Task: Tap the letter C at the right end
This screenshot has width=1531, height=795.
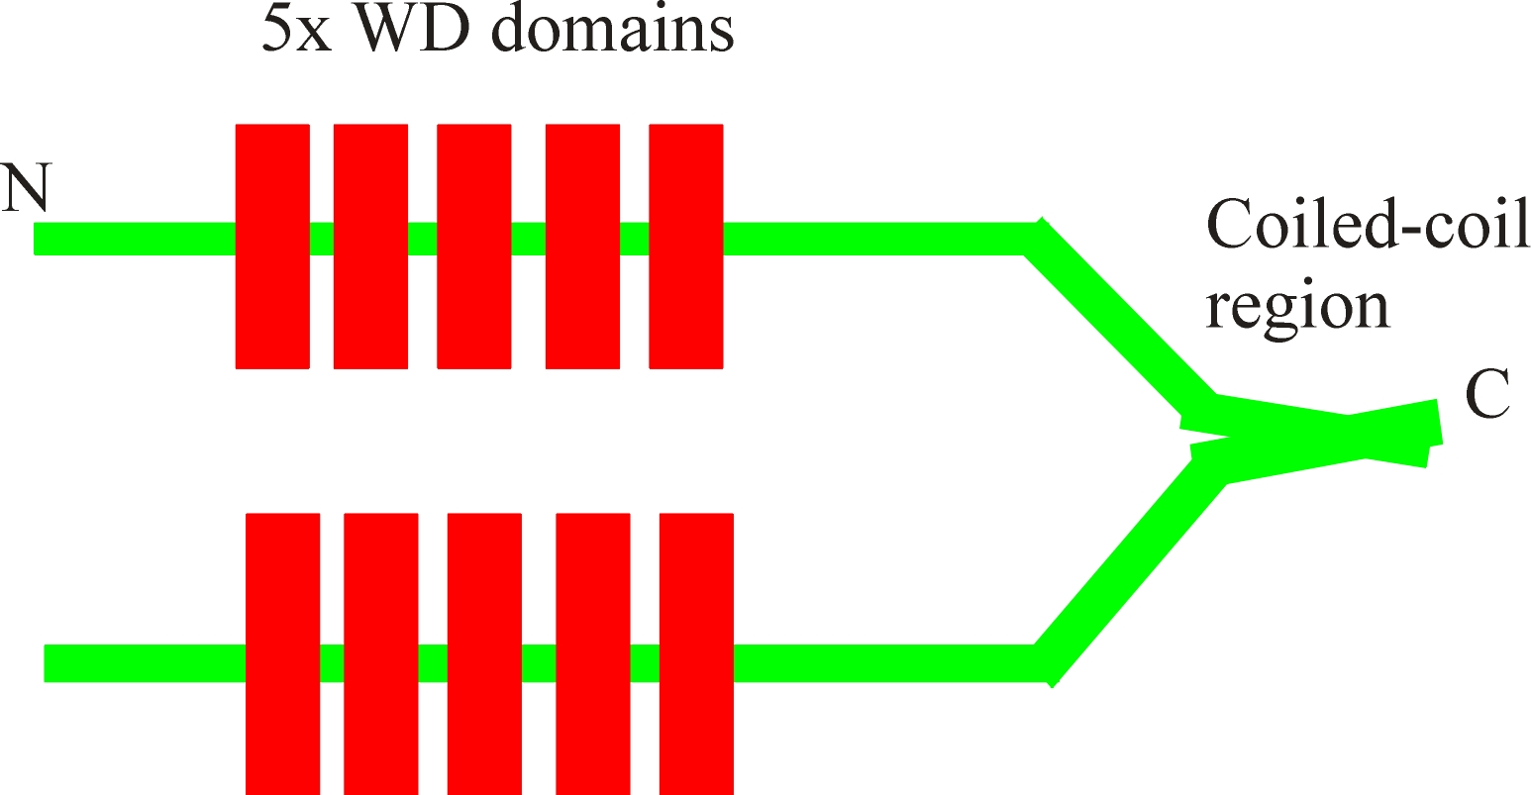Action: pyautogui.click(x=1486, y=397)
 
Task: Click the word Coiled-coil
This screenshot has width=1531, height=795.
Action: pyautogui.click(x=1368, y=228)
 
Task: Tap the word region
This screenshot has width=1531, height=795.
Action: pyautogui.click(x=1297, y=307)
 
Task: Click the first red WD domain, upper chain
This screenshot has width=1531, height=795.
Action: pyautogui.click(x=272, y=247)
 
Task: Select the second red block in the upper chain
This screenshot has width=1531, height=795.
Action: pyautogui.click(x=370, y=247)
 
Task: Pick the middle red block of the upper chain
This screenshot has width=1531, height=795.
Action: pyautogui.click(x=474, y=247)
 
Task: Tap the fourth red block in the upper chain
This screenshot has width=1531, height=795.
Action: pyautogui.click(x=583, y=247)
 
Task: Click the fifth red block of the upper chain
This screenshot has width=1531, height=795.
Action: pyautogui.click(x=685, y=247)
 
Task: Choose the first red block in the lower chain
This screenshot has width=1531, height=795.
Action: pyautogui.click(x=282, y=653)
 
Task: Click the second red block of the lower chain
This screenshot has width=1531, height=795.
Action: pyautogui.click(x=380, y=653)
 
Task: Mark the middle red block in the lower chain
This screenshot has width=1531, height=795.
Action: pyautogui.click(x=484, y=653)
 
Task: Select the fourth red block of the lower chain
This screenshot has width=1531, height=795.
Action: pyautogui.click(x=593, y=653)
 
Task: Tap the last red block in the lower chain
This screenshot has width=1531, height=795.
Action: pyautogui.click(x=696, y=653)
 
